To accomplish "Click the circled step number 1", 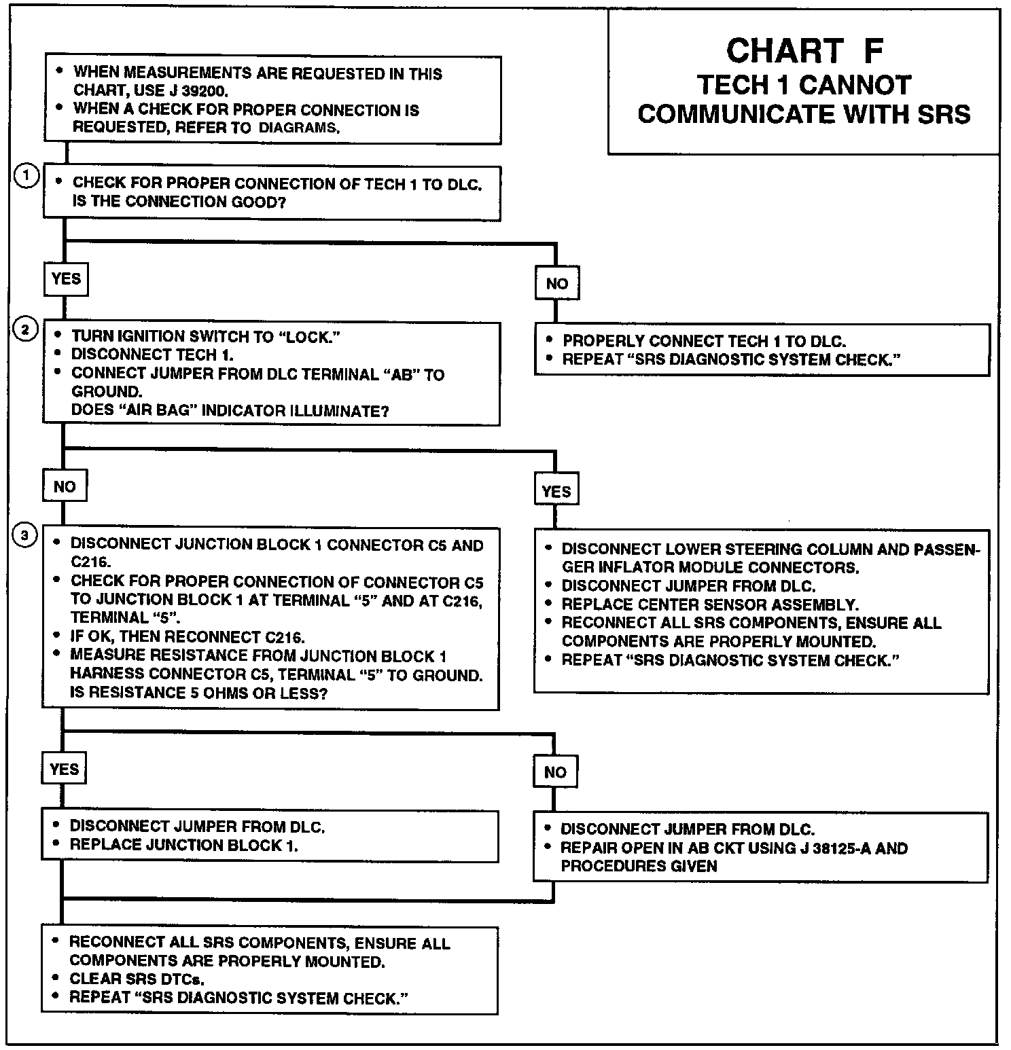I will [26, 177].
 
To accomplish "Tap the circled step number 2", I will [25, 330].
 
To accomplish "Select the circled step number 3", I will [25, 536].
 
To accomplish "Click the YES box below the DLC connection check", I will [66, 278].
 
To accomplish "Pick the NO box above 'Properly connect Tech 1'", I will [556, 284].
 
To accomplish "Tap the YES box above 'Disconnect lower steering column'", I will [556, 491].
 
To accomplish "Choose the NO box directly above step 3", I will [65, 486].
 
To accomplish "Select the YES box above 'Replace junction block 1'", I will [64, 769].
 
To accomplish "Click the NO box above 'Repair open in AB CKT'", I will [555, 772].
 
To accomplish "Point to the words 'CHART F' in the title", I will [805, 51].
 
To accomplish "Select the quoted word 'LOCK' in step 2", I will [308, 337].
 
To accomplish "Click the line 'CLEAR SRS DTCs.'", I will [137, 979].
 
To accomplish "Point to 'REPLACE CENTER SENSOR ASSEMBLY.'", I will [710, 604].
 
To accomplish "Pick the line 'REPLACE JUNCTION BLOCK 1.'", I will [184, 846].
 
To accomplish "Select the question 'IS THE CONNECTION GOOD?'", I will [179, 202].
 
